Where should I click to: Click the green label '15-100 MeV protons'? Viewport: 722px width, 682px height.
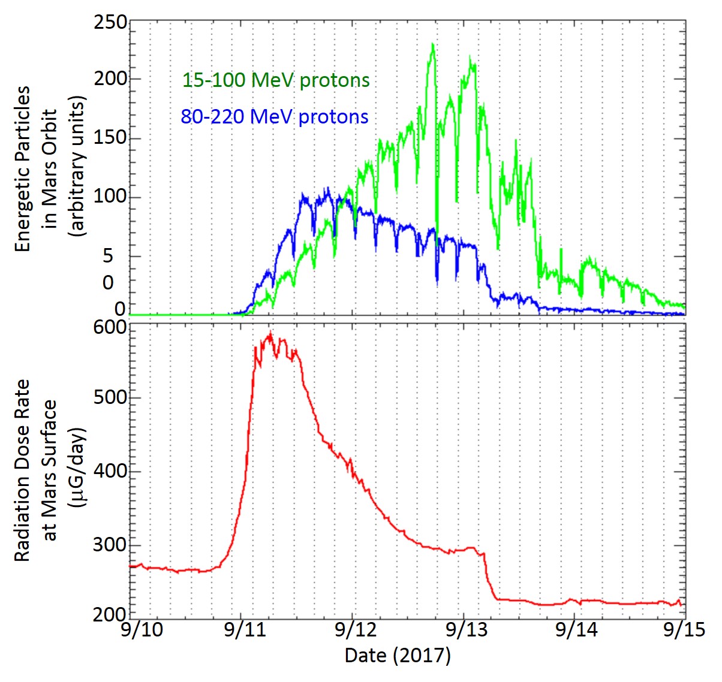pyautogui.click(x=276, y=80)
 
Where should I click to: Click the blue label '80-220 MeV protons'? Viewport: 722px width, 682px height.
pyautogui.click(x=275, y=116)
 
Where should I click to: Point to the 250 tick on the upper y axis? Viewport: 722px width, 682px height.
pyautogui.click(x=110, y=23)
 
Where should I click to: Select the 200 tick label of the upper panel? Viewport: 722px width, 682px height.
pyautogui.click(x=110, y=79)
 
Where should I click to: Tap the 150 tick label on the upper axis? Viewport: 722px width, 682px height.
pyautogui.click(x=110, y=137)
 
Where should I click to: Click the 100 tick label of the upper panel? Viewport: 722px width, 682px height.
pyautogui.click(x=110, y=197)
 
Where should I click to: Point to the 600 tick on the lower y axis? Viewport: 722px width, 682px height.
pyautogui.click(x=110, y=328)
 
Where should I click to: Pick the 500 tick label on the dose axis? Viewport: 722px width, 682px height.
pyautogui.click(x=110, y=397)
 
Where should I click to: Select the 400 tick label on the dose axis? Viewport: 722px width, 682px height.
pyautogui.click(x=110, y=471)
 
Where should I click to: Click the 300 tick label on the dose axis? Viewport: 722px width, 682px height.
pyautogui.click(x=110, y=545)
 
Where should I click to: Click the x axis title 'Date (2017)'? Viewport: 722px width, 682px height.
pyautogui.click(x=398, y=655)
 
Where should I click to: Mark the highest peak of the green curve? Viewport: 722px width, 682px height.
pyautogui.click(x=432, y=44)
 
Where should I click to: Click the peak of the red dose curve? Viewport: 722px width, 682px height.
pyautogui.click(x=270, y=334)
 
